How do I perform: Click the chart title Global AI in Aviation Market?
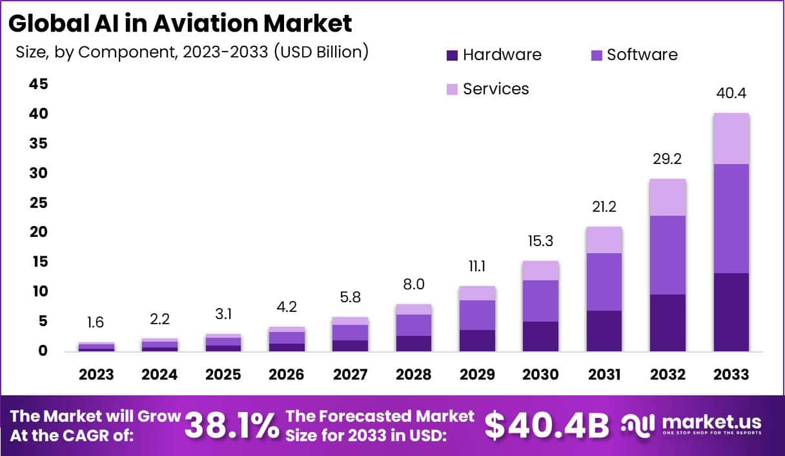pyautogui.click(x=180, y=23)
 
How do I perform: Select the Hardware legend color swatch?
pyautogui.click(x=452, y=56)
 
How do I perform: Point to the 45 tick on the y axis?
pyautogui.click(x=38, y=85)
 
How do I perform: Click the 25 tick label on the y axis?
pyautogui.click(x=38, y=203)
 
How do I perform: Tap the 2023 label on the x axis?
pyautogui.click(x=96, y=375)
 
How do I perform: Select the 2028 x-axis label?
pyautogui.click(x=414, y=375)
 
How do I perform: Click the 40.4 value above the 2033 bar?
pyautogui.click(x=731, y=94)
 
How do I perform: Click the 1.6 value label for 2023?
pyautogui.click(x=96, y=322)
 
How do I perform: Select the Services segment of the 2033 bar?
pyautogui.click(x=731, y=138)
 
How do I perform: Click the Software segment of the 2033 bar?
pyautogui.click(x=731, y=218)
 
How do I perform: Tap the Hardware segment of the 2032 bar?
pyautogui.click(x=668, y=322)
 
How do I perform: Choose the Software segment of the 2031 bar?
pyautogui.click(x=604, y=282)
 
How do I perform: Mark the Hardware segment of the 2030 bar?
pyautogui.click(x=541, y=336)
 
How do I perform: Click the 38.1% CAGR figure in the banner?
pyautogui.click(x=232, y=425)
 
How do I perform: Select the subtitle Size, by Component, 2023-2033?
pyautogui.click(x=192, y=52)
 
